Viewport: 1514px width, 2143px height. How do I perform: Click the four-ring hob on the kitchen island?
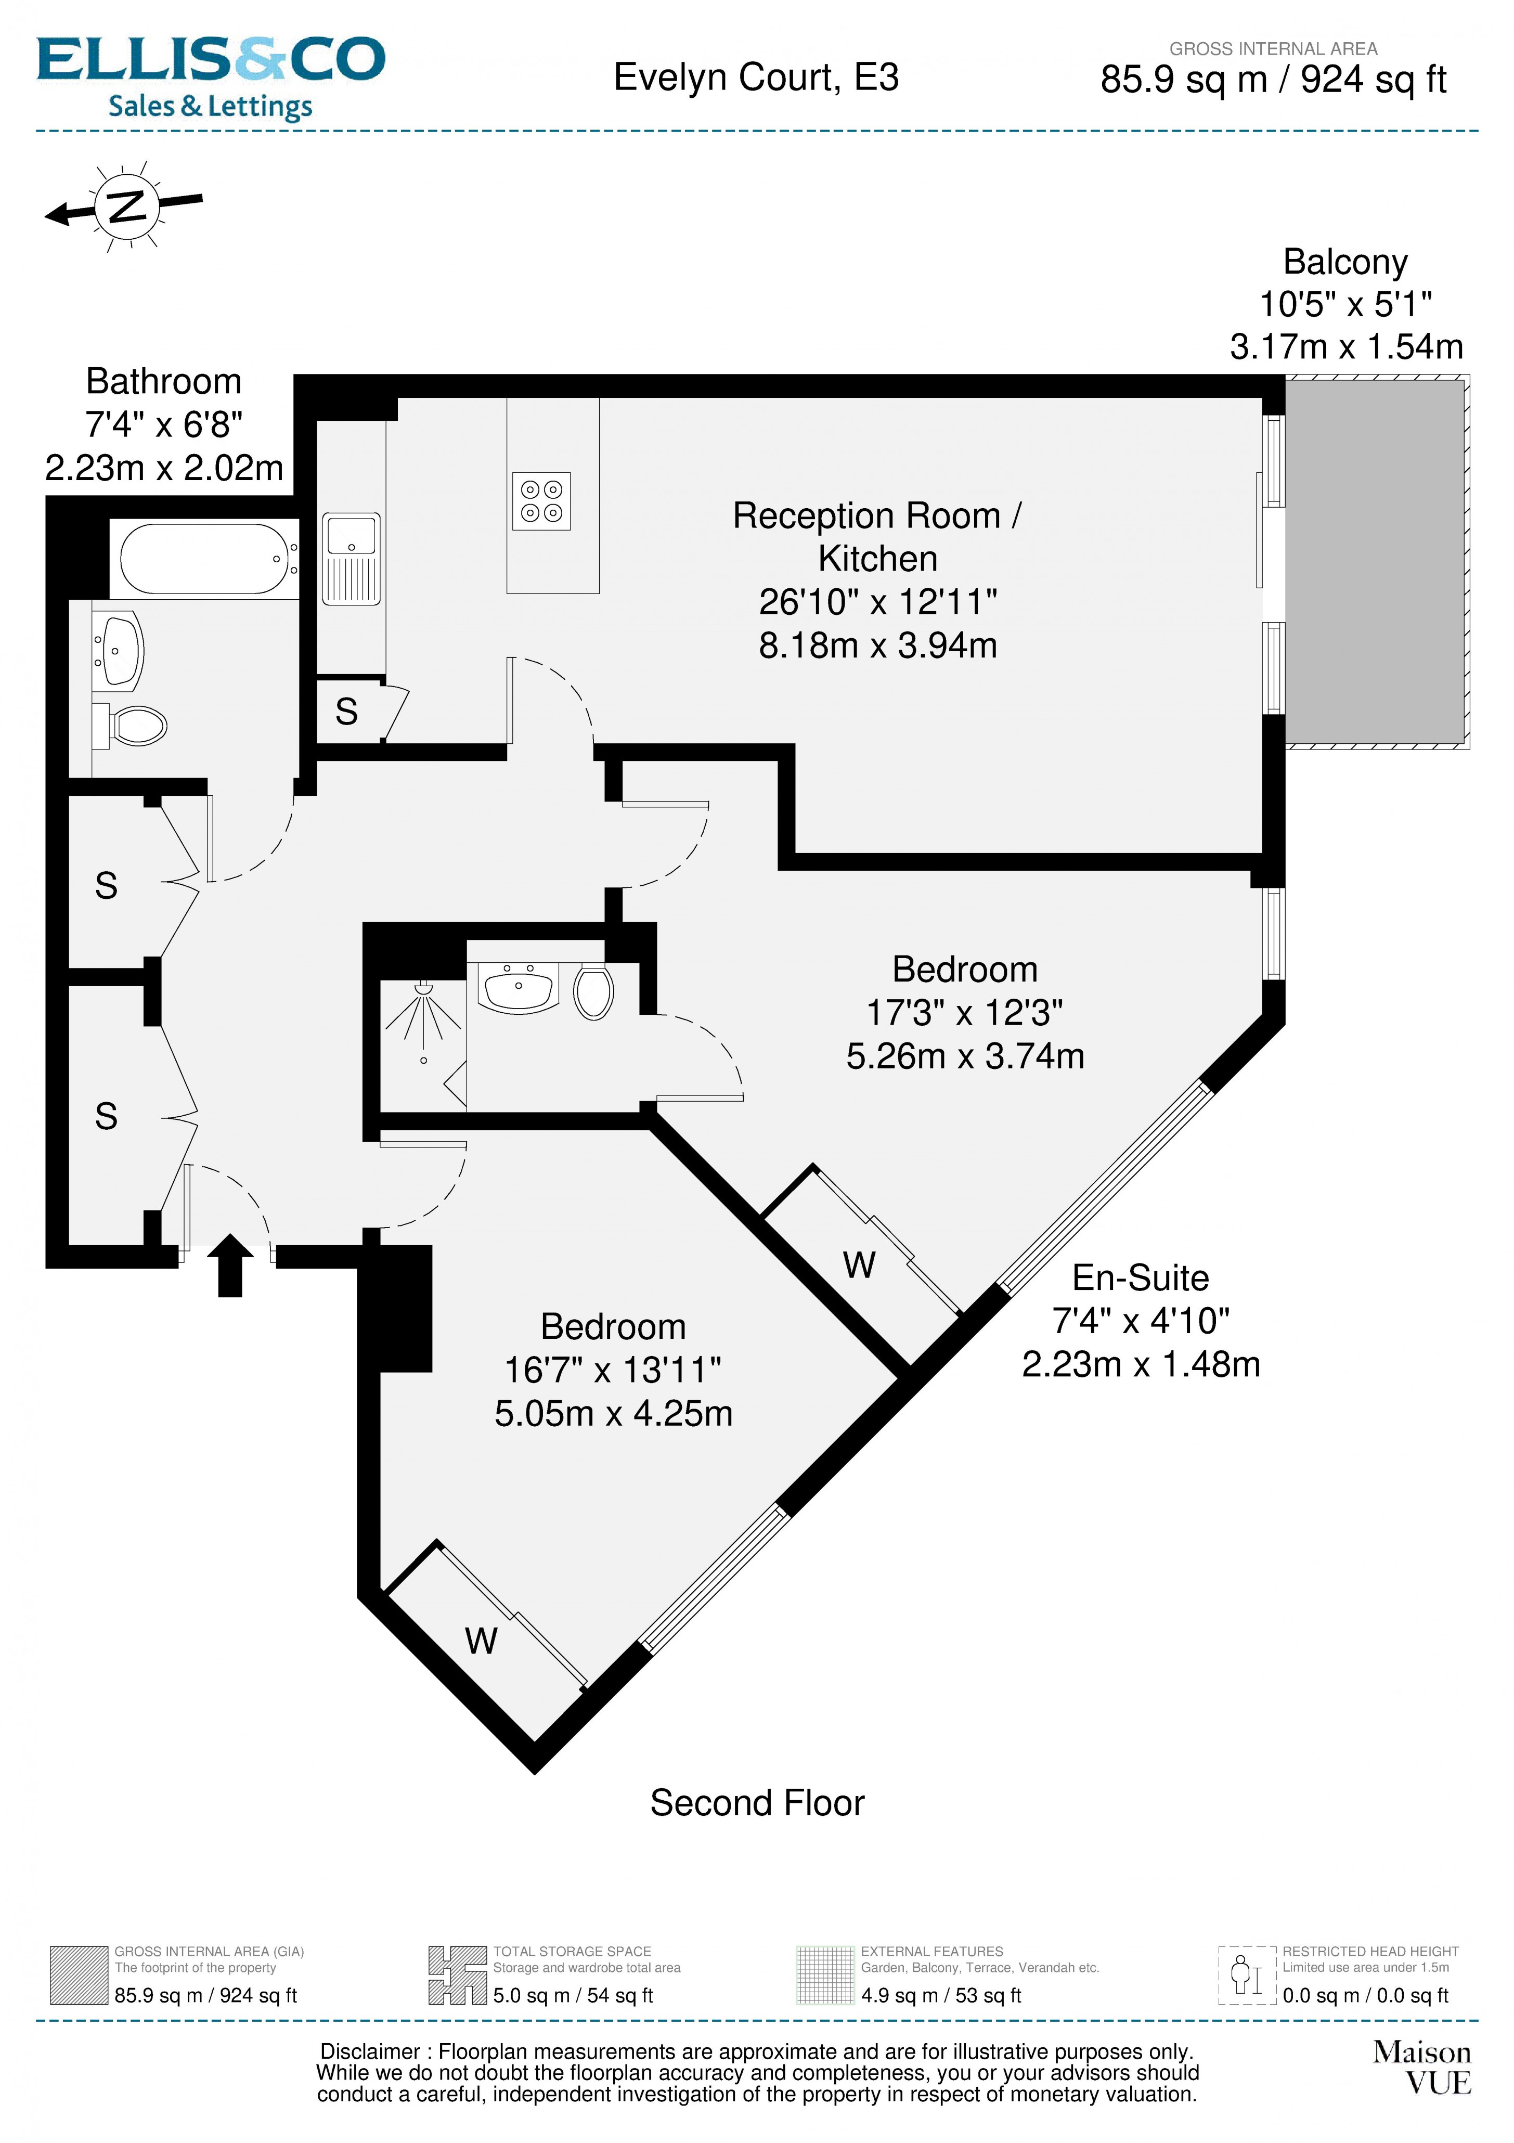tap(541, 501)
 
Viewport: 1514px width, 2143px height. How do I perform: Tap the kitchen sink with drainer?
tap(351, 558)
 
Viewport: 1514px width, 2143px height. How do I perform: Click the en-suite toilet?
tap(593, 991)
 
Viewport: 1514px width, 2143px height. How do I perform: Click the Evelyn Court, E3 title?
tap(756, 78)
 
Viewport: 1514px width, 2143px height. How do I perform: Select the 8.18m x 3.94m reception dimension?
tap(877, 645)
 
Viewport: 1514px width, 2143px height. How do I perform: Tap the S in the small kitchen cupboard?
tap(346, 712)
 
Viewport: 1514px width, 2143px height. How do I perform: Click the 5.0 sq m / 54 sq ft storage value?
tap(572, 1995)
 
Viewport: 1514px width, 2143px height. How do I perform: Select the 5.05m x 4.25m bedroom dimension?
tap(613, 1413)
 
